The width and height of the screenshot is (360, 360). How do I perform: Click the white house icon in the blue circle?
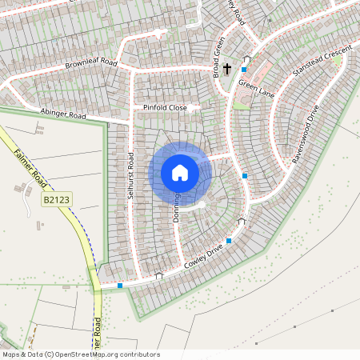[x=180, y=172]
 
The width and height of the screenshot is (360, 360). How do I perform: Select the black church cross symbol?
[x=227, y=69]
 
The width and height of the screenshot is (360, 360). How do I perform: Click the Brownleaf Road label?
[x=91, y=62]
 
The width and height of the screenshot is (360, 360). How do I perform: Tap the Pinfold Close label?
[x=165, y=106]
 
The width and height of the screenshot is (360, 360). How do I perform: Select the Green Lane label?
[x=255, y=86]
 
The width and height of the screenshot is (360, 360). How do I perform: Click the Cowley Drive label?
[x=202, y=258]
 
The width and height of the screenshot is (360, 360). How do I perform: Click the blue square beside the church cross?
[x=243, y=70]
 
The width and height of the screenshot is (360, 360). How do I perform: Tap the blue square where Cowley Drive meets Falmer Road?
[x=120, y=285]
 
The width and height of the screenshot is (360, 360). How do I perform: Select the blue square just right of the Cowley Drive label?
[x=230, y=241]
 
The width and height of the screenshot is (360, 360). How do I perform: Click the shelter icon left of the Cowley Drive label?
[x=158, y=276]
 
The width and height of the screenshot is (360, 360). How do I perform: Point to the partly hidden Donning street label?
[x=175, y=206]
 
